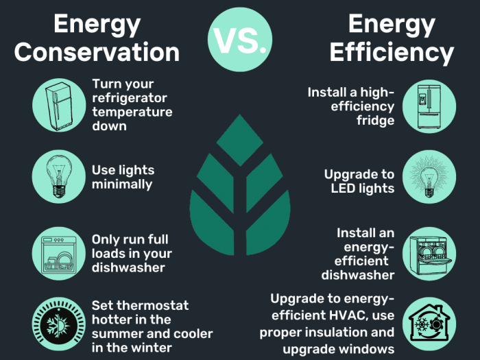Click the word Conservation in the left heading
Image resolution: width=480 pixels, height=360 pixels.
[x=97, y=52]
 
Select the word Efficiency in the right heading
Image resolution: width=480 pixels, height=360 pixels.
[x=392, y=52]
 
